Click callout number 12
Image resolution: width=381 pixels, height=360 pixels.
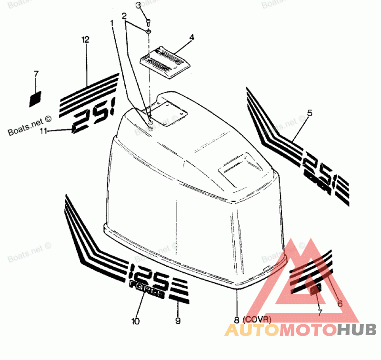point(85,40)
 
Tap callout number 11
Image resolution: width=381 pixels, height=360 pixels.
point(43,131)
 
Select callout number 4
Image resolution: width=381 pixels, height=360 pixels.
point(191,36)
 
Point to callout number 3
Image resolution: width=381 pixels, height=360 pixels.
point(139,6)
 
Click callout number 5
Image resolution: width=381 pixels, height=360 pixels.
point(310,113)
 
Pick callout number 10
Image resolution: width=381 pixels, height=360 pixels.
point(136,321)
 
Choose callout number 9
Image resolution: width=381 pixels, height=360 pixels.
point(178,321)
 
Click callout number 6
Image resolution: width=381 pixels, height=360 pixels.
point(340,303)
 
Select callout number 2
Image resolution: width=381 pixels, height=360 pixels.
point(124,16)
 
